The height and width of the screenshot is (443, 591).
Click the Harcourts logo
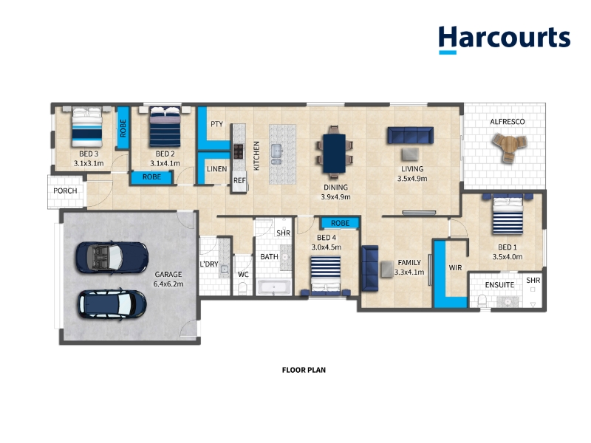pyautogui.click(x=505, y=40)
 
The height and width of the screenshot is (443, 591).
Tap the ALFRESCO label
pyautogui.click(x=507, y=122)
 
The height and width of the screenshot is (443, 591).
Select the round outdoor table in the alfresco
pyautogui.click(x=509, y=146)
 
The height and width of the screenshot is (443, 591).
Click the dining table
pyautogui.click(x=335, y=154)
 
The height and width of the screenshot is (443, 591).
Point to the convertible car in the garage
pyautogui.click(x=112, y=258)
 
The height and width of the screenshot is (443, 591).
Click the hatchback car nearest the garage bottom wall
pyautogui.click(x=112, y=304)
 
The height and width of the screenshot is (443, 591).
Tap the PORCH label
pyautogui.click(x=65, y=191)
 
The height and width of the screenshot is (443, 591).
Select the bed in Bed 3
pyautogui.click(x=87, y=127)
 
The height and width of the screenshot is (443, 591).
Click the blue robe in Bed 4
pyautogui.click(x=340, y=223)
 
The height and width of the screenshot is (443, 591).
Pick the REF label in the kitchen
pyautogui.click(x=239, y=181)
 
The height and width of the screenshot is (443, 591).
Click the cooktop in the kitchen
pyautogui.click(x=238, y=151)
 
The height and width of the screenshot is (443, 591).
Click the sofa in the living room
pyautogui.click(x=411, y=136)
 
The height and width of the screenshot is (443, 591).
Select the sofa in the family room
pyautogui.click(x=370, y=268)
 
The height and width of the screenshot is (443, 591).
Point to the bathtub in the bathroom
pyautogui.click(x=273, y=287)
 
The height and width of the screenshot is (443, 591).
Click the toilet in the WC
pyautogui.click(x=242, y=288)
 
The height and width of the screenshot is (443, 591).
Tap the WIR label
pyautogui.click(x=455, y=268)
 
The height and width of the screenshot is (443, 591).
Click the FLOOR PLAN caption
pyautogui.click(x=304, y=371)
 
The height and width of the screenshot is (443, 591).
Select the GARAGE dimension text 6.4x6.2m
pyautogui.click(x=168, y=284)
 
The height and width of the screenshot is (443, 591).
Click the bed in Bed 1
pyautogui.click(x=508, y=214)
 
